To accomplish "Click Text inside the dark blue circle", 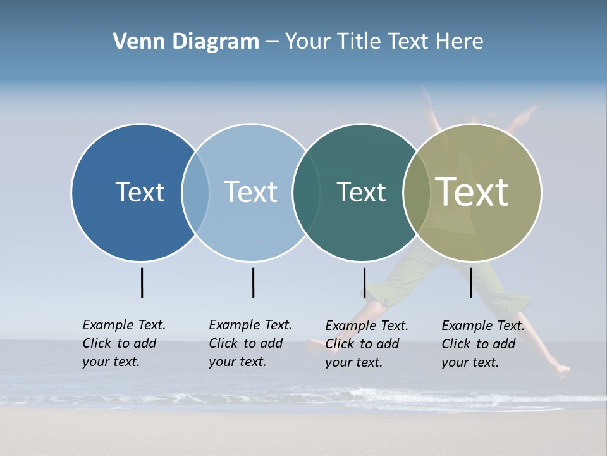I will (x=140, y=192).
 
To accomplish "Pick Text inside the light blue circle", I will (x=250, y=192).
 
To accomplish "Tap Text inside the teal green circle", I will (x=361, y=192).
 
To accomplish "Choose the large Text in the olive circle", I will (x=472, y=191).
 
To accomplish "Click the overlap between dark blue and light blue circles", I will (x=195, y=192).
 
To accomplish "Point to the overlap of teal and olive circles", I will (x=417, y=192).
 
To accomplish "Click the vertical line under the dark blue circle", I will (x=142, y=282).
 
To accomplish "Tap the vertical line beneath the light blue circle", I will (x=253, y=282).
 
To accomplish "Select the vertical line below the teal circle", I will (x=364, y=282).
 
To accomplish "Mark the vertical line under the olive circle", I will (x=471, y=282).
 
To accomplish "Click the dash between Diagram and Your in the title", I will (x=272, y=42).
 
